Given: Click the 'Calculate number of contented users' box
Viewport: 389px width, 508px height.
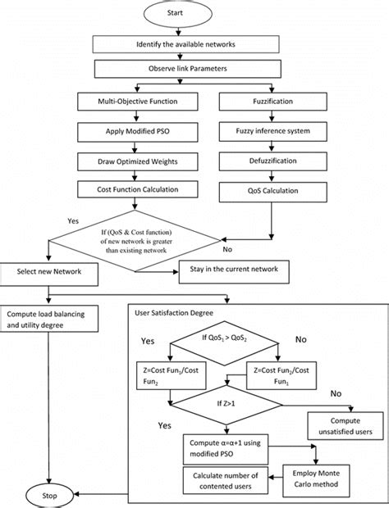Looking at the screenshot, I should click(222, 479).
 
